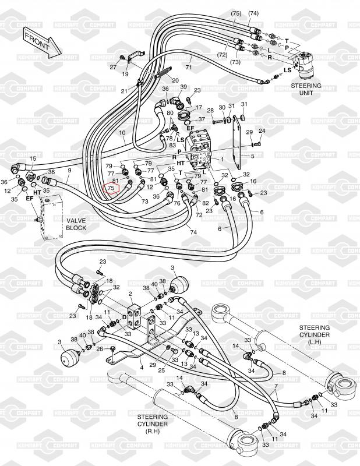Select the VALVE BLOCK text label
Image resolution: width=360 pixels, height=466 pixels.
click(76, 224)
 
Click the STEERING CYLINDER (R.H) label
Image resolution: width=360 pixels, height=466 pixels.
click(153, 424)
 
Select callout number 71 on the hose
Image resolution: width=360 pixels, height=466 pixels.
click(189, 68)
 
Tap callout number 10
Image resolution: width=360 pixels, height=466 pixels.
click(122, 133)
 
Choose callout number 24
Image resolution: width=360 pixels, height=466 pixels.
click(262, 130)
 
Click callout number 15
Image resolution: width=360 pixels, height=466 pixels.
click(33, 158)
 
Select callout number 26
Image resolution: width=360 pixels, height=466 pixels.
click(100, 349)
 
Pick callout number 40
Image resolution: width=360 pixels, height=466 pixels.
click(154, 284)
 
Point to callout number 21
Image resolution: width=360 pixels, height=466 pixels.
click(123, 91)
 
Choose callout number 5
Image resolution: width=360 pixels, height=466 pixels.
click(253, 156)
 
